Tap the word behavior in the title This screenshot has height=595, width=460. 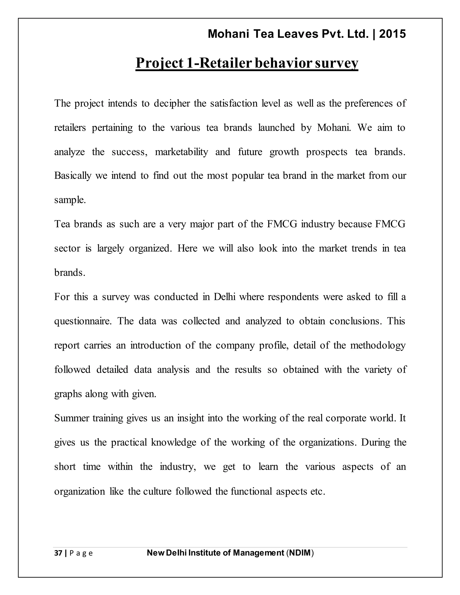(x=283, y=63)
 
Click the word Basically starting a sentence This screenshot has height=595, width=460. (x=73, y=176)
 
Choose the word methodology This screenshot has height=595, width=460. (x=378, y=346)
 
